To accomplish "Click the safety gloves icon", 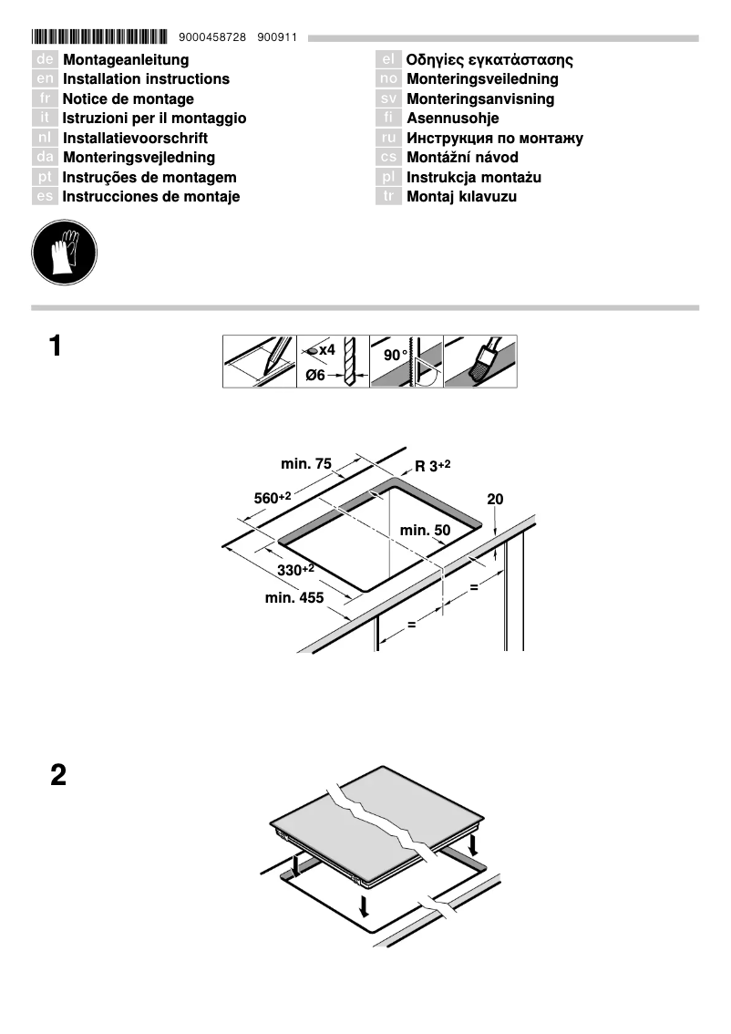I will click(x=64, y=253).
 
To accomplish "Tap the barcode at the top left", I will click(x=99, y=37).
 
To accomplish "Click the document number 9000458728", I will click(x=213, y=37).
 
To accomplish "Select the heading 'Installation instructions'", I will click(x=146, y=79).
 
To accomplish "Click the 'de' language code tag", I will click(x=45, y=60).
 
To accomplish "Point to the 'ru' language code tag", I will click(x=388, y=139).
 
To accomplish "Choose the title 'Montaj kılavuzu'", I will click(x=461, y=197).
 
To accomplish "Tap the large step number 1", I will click(x=57, y=347).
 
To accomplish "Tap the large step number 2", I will click(x=57, y=776).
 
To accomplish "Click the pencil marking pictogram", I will click(x=260, y=362).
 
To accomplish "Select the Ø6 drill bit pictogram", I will click(x=333, y=362).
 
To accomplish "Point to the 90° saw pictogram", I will click(x=407, y=362).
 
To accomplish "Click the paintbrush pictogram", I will click(x=480, y=362).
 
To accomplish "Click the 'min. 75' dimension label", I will click(x=306, y=464).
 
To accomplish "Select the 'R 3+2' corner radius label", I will click(x=433, y=466).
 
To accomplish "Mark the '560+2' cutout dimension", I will click(x=272, y=498).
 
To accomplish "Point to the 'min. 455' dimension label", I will click(x=294, y=598).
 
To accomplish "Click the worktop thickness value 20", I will click(x=495, y=500).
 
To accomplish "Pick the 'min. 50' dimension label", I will click(x=426, y=531).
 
